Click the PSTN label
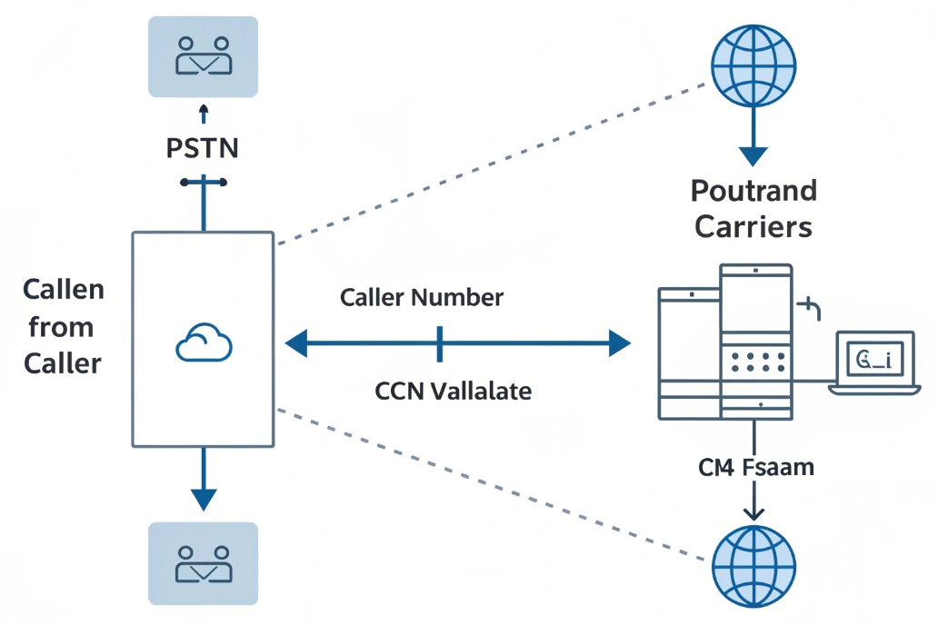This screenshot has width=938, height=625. (x=203, y=148)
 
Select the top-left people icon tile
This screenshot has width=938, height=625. (x=203, y=56)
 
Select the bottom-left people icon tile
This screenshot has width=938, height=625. (x=203, y=562)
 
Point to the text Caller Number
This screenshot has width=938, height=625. (x=421, y=297)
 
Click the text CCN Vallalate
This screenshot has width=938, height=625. (x=453, y=392)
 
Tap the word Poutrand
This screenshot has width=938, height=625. (x=753, y=192)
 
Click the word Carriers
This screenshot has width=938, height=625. (x=753, y=227)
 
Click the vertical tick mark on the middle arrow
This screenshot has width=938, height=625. (x=439, y=343)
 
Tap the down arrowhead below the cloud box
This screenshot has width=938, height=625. (x=203, y=498)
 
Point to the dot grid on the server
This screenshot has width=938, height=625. (x=755, y=362)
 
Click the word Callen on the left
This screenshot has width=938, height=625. (x=64, y=291)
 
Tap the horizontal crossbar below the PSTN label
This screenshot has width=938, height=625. (x=203, y=183)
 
